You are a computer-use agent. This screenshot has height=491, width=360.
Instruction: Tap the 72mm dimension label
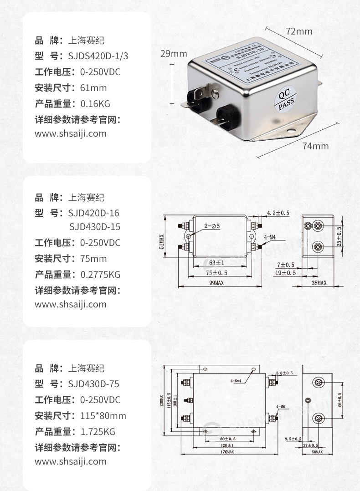pos(299,31)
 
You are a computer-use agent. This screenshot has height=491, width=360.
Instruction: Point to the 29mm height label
pos(173,54)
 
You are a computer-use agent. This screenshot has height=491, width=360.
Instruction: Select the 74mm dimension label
pos(315,146)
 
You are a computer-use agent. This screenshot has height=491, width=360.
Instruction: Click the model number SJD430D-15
pos(95,227)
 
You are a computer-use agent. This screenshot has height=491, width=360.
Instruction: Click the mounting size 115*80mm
pos(103,415)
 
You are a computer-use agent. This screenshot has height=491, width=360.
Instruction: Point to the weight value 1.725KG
pos(98,431)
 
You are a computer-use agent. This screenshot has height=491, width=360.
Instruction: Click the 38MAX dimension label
pos(319,283)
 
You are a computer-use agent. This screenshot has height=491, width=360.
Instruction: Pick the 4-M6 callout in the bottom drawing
pos(280,406)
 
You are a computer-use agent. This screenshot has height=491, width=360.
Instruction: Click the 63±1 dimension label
pos(216,263)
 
